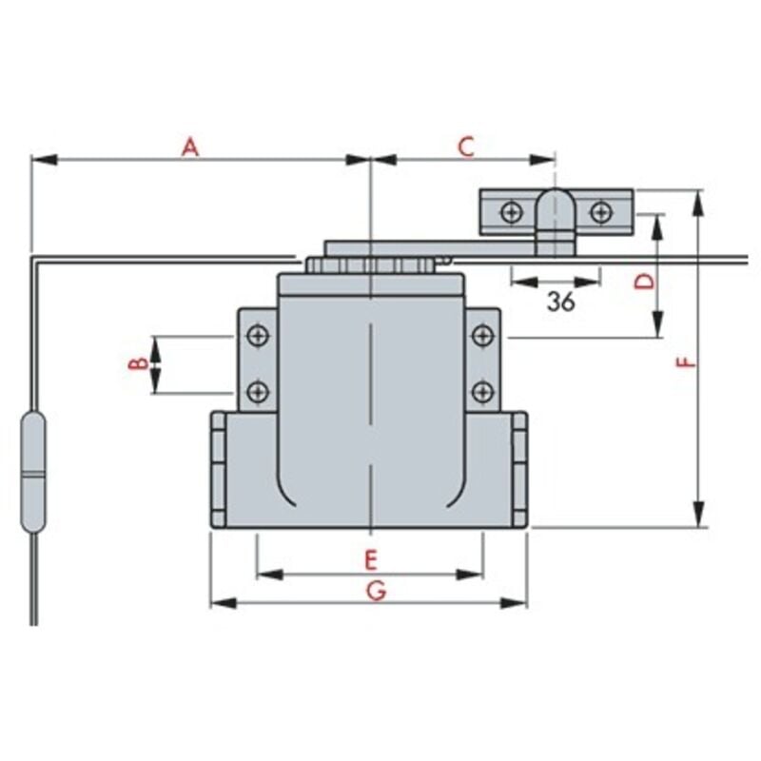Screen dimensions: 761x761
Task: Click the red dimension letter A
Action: coord(190,147)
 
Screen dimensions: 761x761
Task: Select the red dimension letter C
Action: coord(466,147)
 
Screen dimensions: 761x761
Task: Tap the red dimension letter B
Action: coord(138,363)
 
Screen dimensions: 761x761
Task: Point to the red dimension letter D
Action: coord(645,281)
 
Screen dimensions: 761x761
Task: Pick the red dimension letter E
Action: coord(371,559)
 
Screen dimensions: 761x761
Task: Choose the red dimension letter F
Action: coord(686,362)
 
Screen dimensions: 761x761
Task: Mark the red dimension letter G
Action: coord(376,591)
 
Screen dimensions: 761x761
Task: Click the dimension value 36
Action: coord(561,302)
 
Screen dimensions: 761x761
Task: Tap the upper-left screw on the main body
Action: coord(258,336)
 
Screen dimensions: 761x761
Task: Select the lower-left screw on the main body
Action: coord(258,392)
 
